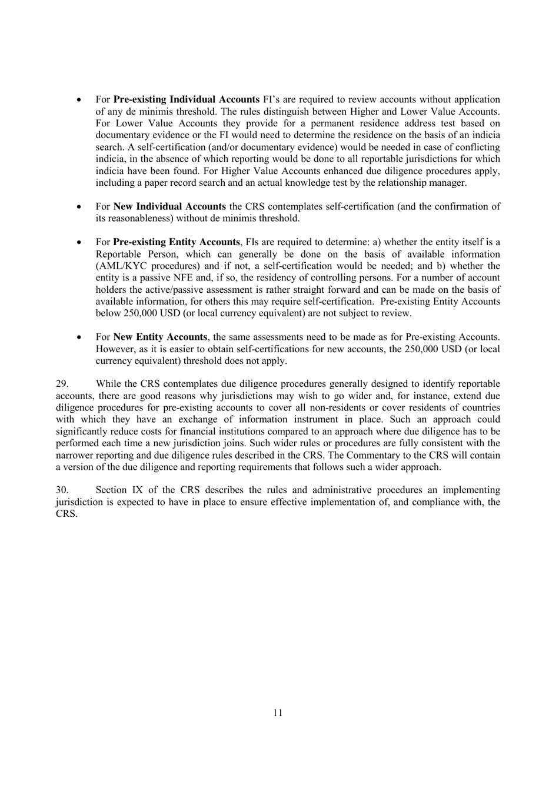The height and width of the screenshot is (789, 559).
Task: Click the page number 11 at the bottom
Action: pos(278,713)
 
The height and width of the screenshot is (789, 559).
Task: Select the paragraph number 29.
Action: pos(62,384)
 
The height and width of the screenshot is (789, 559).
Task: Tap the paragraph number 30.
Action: pos(62,490)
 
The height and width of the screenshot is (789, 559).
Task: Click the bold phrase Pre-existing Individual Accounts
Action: pos(186,99)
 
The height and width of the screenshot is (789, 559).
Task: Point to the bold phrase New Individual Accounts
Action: pos(169,206)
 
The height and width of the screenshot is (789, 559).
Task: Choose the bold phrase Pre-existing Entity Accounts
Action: pos(176,242)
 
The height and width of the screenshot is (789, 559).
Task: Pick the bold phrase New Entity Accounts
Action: pos(160,337)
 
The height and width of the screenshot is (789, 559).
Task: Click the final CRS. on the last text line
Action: pos(66,514)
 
